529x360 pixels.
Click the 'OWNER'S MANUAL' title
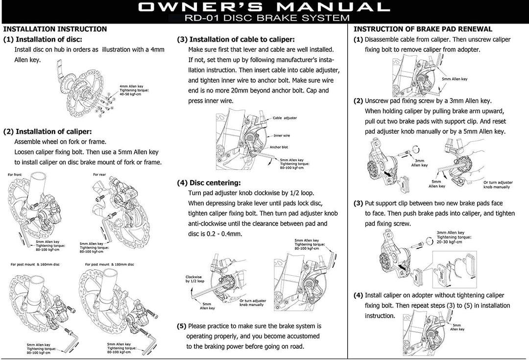(264, 7)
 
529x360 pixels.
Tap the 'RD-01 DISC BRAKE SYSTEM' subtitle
(267, 18)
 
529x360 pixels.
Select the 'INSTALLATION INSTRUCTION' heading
(55, 29)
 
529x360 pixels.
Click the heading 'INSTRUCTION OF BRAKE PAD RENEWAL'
(423, 29)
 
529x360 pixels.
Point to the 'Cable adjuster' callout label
(285, 118)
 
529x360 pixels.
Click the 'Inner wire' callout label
(282, 136)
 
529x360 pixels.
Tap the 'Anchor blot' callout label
(279, 147)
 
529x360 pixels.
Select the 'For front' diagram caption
(15, 175)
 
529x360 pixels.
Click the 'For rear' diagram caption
(99, 175)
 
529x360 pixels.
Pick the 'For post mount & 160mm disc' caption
(35, 264)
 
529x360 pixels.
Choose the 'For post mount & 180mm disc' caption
(109, 264)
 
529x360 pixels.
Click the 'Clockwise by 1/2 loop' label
(194, 279)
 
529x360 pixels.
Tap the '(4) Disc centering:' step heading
(209, 183)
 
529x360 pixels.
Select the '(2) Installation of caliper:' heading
(47, 132)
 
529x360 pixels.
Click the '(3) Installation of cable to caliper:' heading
(236, 40)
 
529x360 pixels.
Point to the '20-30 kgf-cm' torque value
(449, 242)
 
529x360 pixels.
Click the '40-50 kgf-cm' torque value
(130, 94)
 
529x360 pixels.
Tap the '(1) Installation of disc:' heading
(43, 40)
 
